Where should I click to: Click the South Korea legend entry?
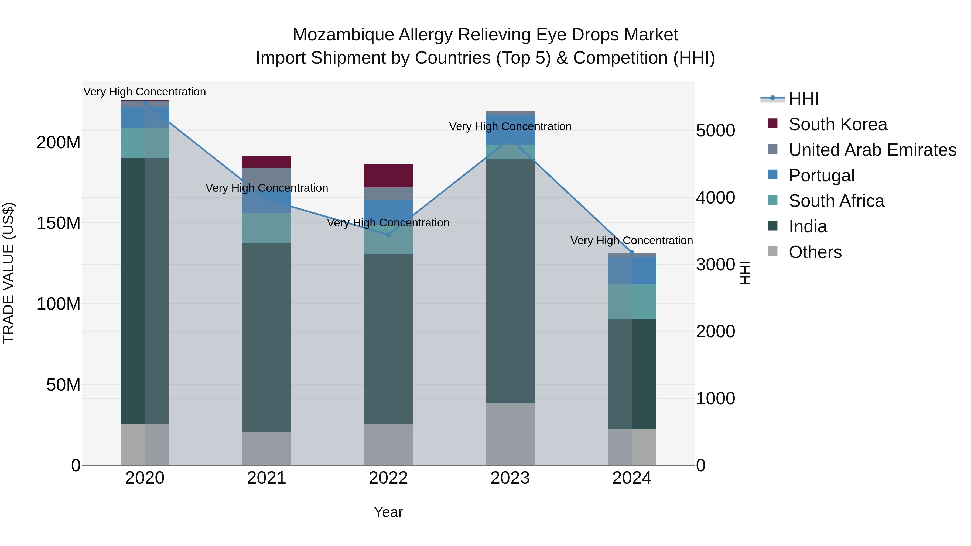tap(837, 124)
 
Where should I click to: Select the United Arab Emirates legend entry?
tap(872, 150)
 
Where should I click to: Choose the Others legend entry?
tap(815, 252)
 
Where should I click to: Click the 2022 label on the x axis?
tap(388, 478)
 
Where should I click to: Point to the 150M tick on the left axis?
tap(59, 223)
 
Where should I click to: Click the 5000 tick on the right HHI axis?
tap(715, 131)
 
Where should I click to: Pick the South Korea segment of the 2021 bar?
tap(266, 162)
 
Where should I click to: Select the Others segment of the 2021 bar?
tap(266, 448)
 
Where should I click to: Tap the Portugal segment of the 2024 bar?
tap(632, 270)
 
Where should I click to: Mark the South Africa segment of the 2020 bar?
tap(145, 143)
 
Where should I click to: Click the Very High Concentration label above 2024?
tap(631, 241)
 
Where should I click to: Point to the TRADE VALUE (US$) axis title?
tap(9, 273)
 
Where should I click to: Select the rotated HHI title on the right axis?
tap(745, 273)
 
